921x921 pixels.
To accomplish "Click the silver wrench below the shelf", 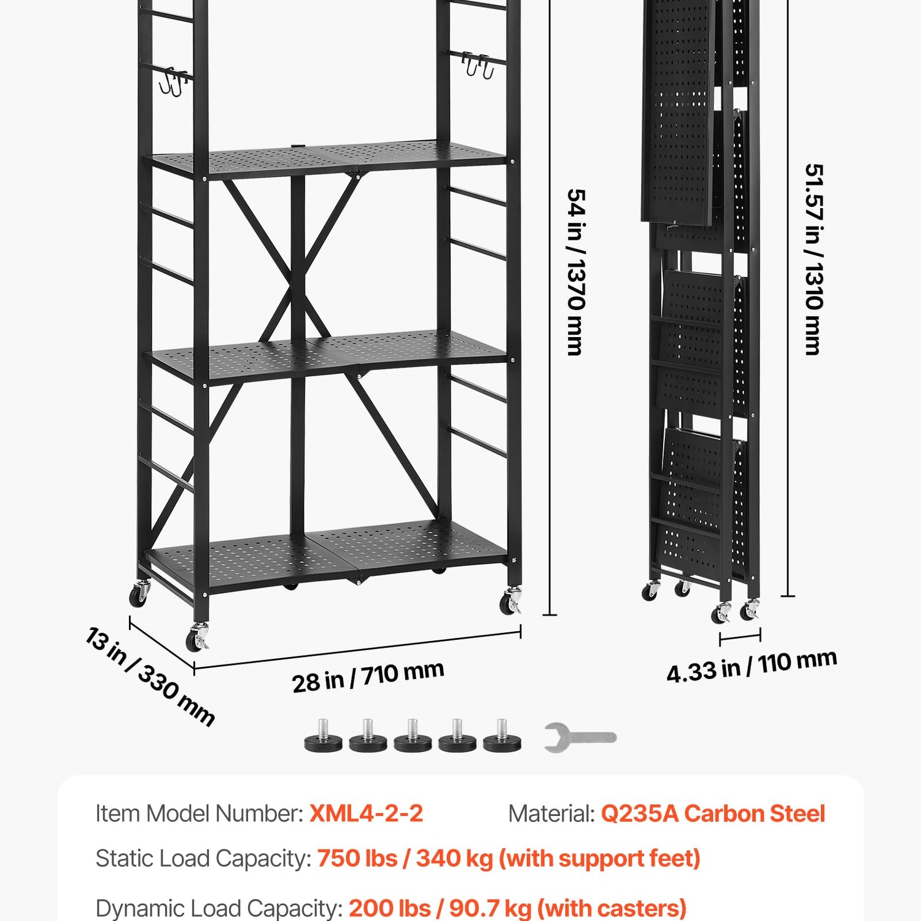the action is pyautogui.click(x=579, y=737).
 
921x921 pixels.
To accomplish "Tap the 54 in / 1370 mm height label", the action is pyautogui.click(x=576, y=272).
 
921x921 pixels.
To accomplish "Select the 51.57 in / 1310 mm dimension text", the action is pyautogui.click(x=813, y=259).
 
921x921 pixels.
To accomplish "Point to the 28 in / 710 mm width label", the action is pyautogui.click(x=368, y=677).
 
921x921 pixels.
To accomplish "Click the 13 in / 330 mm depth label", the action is pyautogui.click(x=150, y=677).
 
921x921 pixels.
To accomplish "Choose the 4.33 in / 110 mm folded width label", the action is pyautogui.click(x=752, y=666).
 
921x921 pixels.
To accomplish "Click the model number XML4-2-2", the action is pyautogui.click(x=367, y=814).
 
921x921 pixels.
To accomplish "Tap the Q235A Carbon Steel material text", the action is pyautogui.click(x=713, y=814).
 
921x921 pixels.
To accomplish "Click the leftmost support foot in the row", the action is pyautogui.click(x=324, y=736).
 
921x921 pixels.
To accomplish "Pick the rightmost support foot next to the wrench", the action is pyautogui.click(x=502, y=736).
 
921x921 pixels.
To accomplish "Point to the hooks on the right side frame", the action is pyautogui.click(x=478, y=65).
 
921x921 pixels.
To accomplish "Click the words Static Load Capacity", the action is pyautogui.click(x=203, y=858).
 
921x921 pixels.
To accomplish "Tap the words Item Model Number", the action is pyautogui.click(x=199, y=814).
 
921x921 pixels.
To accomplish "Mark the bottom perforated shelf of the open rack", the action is pyautogui.click(x=327, y=556).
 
